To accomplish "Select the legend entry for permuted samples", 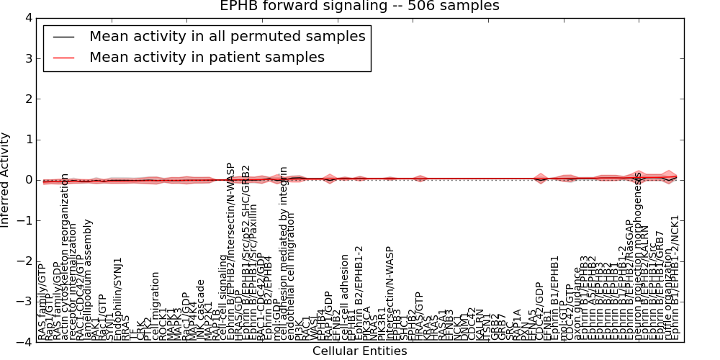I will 227,36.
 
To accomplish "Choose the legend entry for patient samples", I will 207,58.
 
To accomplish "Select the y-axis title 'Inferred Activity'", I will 6,180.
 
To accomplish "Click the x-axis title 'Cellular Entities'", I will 359,351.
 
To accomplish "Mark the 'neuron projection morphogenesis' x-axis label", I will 638,256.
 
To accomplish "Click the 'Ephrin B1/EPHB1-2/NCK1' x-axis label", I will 675,278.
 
